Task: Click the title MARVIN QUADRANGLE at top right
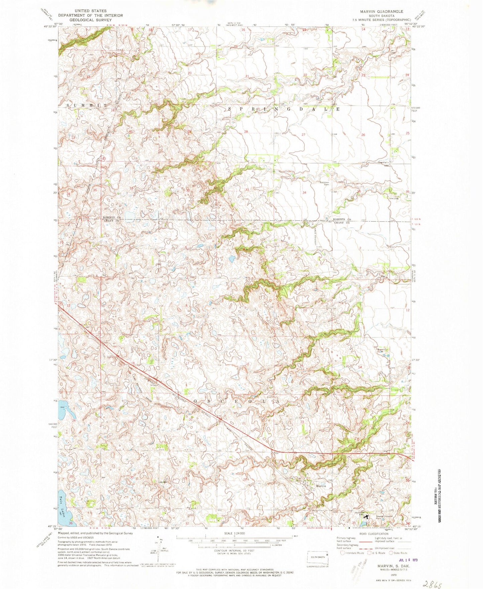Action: pyautogui.click(x=381, y=11)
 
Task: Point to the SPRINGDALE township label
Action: pyautogui.click(x=284, y=109)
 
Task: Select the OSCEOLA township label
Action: pyautogui.click(x=234, y=401)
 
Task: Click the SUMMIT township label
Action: pyautogui.click(x=87, y=105)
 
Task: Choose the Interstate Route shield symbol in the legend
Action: pyautogui.click(x=343, y=553)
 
